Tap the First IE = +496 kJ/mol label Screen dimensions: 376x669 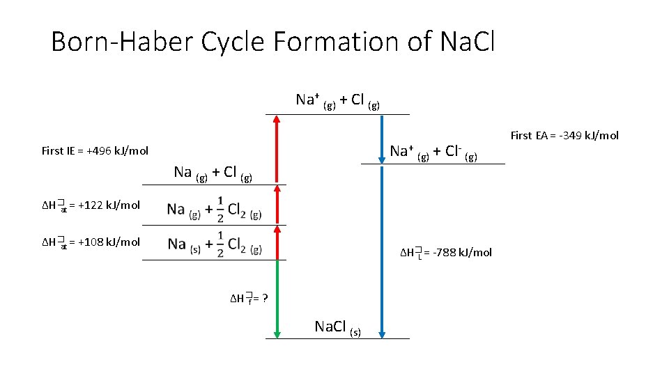(x=95, y=150)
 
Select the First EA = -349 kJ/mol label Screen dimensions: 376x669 (x=564, y=136)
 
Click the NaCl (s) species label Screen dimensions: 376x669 (x=338, y=327)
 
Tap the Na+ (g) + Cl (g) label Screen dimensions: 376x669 (x=338, y=100)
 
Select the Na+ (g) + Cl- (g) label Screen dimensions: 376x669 (x=433, y=152)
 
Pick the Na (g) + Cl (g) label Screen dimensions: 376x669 (x=212, y=173)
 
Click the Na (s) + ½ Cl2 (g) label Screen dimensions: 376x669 (x=215, y=245)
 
